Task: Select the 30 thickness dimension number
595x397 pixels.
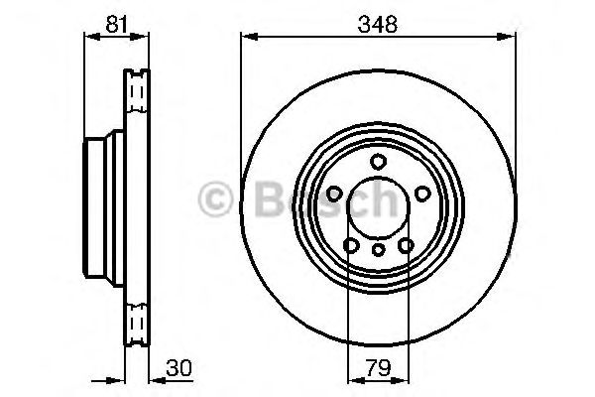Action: click(178, 368)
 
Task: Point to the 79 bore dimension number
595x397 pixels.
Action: click(377, 368)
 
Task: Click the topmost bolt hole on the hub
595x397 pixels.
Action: click(377, 162)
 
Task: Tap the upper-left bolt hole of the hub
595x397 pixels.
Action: click(335, 193)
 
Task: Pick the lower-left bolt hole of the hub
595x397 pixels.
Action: click(350, 244)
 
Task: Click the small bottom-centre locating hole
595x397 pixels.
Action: click(377, 251)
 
